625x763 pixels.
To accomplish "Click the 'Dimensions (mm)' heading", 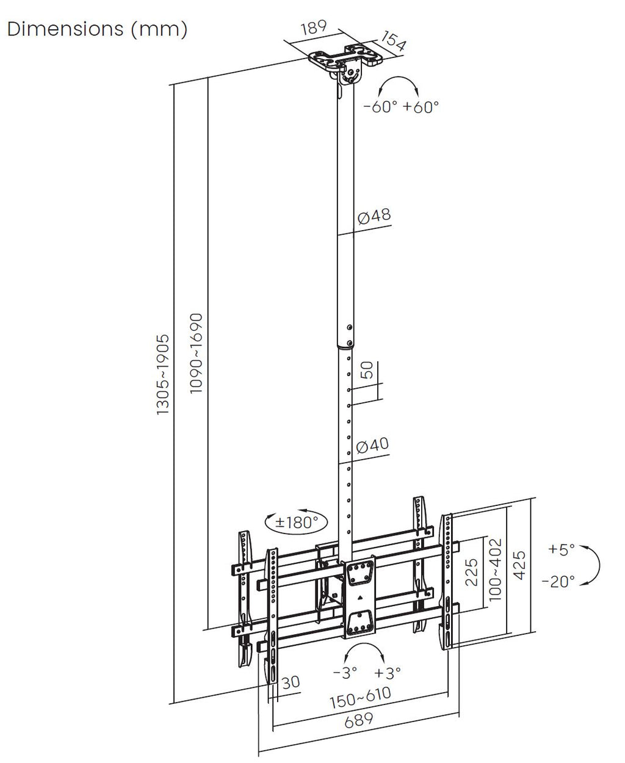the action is point(97,29).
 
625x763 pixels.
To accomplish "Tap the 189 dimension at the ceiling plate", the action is point(314,27).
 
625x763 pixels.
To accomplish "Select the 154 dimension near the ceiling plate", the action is point(394,41).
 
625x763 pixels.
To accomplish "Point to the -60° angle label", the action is point(380,107).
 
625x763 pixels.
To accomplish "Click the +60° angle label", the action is point(421,107).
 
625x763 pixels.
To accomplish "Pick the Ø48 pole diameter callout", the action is point(374,215).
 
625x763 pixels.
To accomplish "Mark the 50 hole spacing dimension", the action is point(367,370).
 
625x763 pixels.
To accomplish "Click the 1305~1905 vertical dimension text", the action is point(163,374).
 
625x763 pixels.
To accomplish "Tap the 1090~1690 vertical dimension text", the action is point(196,353).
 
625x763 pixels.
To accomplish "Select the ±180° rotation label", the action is point(296,522).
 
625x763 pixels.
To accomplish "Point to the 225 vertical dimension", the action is point(471,573).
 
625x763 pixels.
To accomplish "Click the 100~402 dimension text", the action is point(496,570).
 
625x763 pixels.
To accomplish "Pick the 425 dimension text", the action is point(519,565).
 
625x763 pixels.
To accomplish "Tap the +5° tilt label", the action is point(562,549).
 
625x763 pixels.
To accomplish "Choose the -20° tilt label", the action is point(558,581).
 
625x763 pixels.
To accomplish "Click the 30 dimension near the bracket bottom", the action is point(291,682).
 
